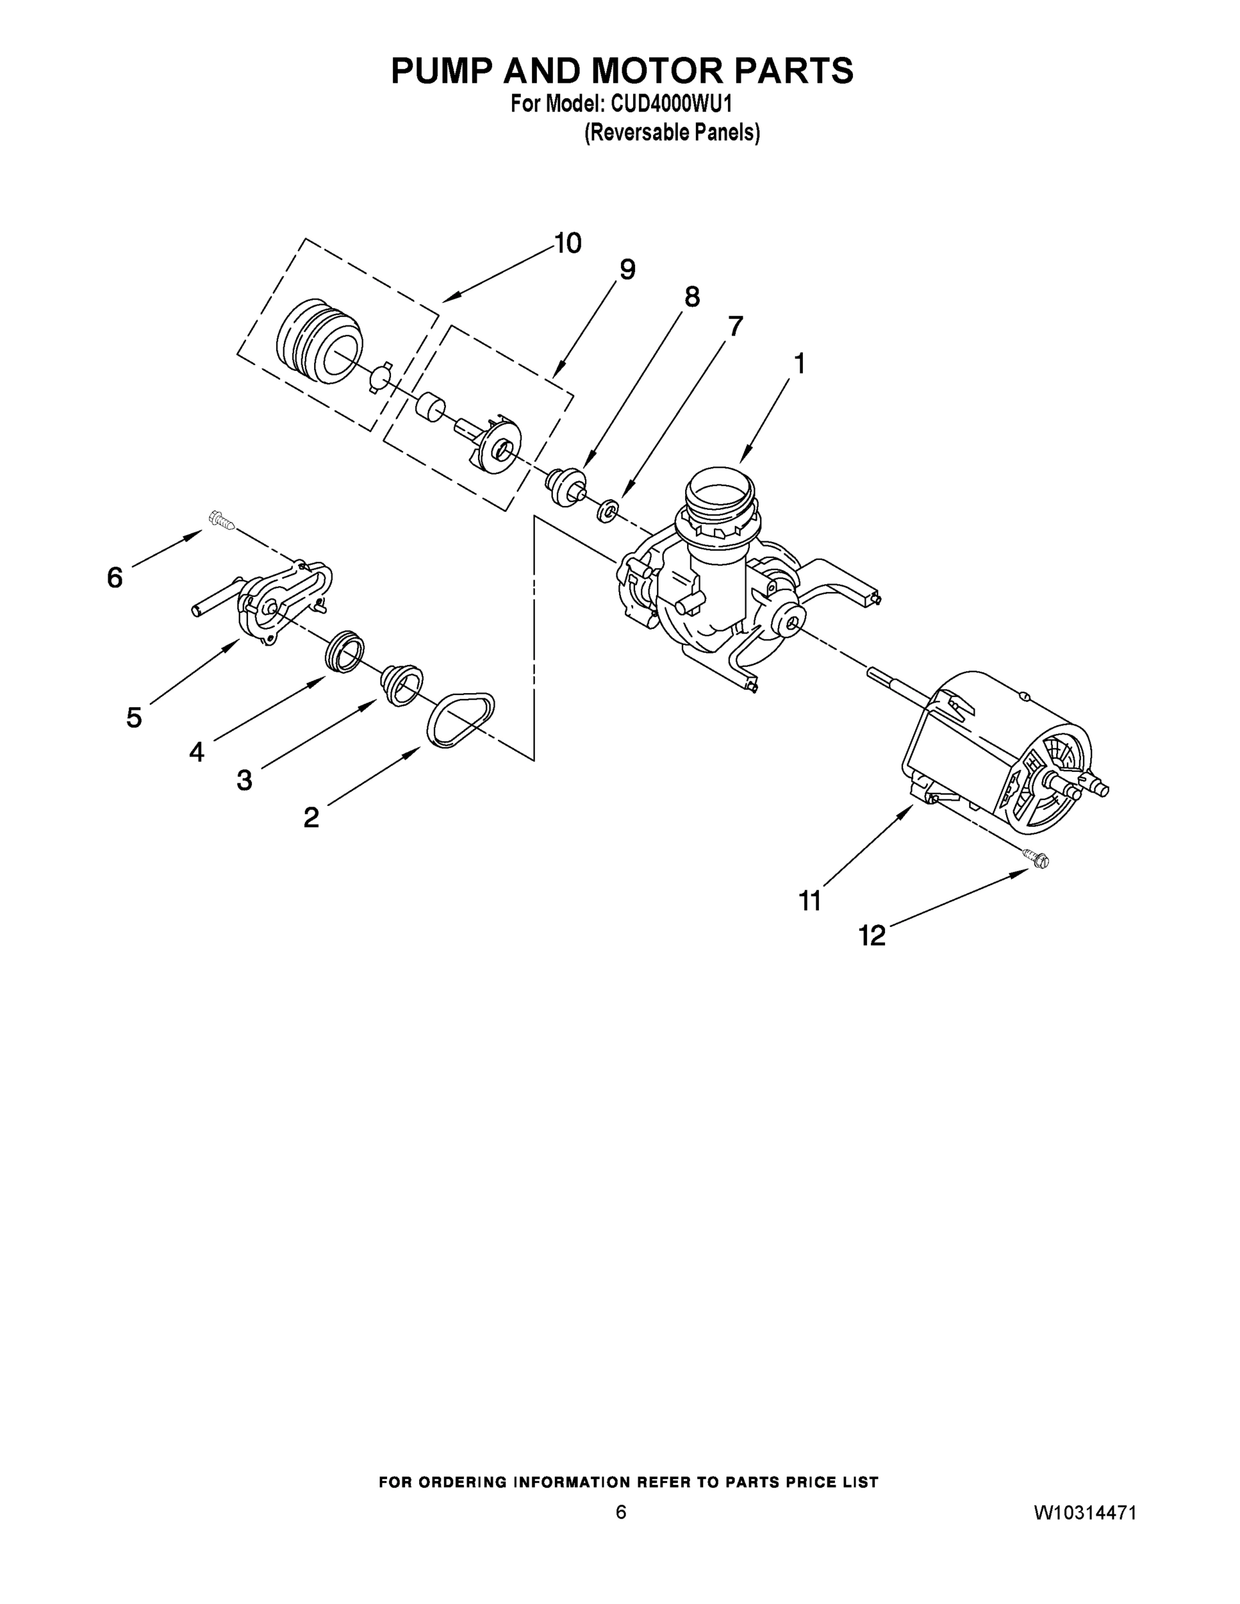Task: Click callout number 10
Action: click(x=568, y=243)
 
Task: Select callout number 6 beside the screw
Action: click(x=114, y=578)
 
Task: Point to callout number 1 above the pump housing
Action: click(x=799, y=364)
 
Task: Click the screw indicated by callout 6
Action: click(x=221, y=520)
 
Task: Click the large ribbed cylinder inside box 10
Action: click(x=320, y=341)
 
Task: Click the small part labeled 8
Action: click(x=567, y=484)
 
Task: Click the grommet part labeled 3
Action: click(x=402, y=684)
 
